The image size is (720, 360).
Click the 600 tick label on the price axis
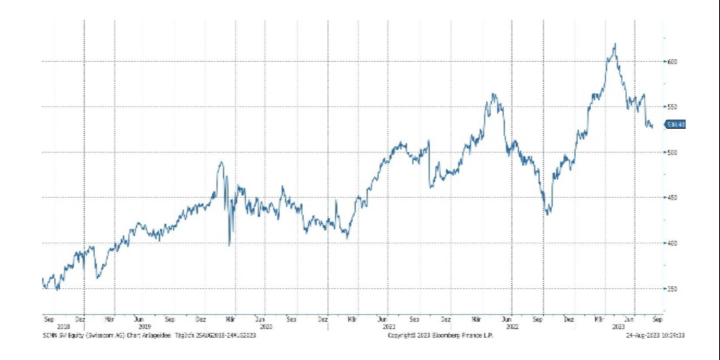tap(672, 61)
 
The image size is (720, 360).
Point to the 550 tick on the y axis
tap(672, 107)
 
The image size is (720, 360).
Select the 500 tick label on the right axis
tap(672, 152)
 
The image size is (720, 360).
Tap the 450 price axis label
tap(672, 197)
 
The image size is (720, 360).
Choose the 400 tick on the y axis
tap(672, 243)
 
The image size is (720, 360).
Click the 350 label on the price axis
tap(672, 288)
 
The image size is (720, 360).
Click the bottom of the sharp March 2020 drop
tap(230, 245)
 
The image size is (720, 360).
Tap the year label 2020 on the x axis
tap(265, 325)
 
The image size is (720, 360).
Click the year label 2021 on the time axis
tap(389, 325)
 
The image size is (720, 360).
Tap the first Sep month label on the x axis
tap(48, 318)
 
